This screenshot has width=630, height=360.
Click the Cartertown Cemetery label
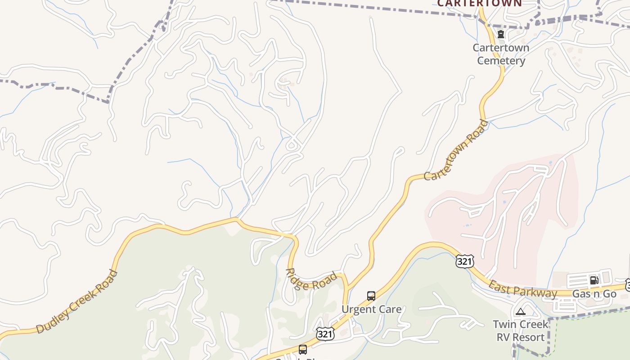(x=501, y=54)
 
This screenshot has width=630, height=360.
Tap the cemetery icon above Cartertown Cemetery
(x=500, y=34)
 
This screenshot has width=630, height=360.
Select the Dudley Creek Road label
(x=77, y=301)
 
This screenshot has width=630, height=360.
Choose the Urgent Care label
(x=371, y=309)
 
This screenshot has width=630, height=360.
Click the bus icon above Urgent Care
(x=371, y=296)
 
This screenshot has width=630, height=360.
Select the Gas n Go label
(x=594, y=294)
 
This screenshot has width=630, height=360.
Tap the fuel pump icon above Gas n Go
(x=594, y=280)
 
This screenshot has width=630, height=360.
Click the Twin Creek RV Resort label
(x=521, y=330)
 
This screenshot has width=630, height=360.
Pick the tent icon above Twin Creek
(x=521, y=311)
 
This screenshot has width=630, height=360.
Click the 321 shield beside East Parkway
(x=464, y=261)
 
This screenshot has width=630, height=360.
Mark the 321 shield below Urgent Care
(x=325, y=333)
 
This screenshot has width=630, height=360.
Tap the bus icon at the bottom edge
(x=303, y=349)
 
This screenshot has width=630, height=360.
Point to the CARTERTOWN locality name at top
(x=480, y=3)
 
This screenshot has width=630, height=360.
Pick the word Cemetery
(x=501, y=61)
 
